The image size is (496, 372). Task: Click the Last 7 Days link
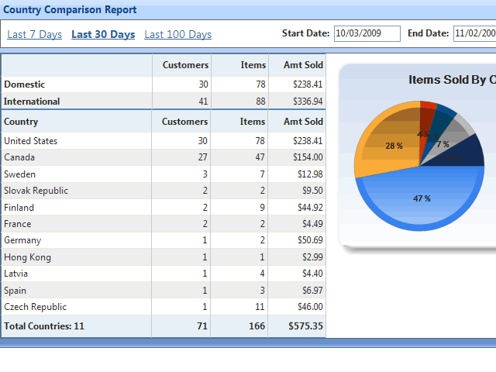(x=34, y=34)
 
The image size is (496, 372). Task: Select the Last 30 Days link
(x=103, y=34)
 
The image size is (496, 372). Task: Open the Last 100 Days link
(x=177, y=34)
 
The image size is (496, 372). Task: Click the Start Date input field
(x=367, y=33)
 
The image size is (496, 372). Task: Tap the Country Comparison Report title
(x=70, y=10)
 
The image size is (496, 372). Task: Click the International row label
(x=32, y=102)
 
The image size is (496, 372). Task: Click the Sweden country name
(x=19, y=174)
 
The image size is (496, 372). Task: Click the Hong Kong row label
(x=27, y=257)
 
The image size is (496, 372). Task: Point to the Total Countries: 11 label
(x=44, y=326)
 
